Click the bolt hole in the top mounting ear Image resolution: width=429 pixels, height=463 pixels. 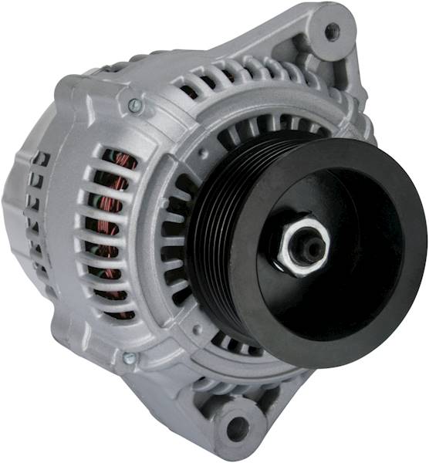click(333, 32)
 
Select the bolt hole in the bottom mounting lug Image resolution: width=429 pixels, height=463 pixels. click(238, 427)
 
